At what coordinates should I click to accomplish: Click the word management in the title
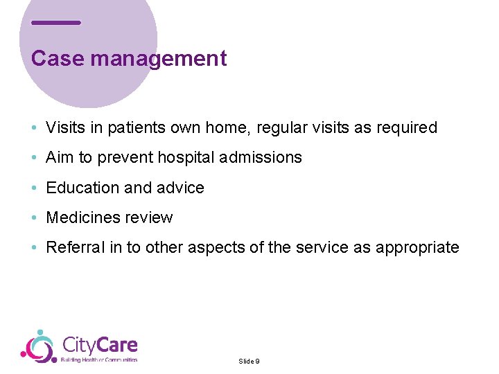(158, 59)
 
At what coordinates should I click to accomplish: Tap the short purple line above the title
(56, 23)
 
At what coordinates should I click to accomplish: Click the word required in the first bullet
(407, 128)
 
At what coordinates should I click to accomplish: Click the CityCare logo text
(100, 345)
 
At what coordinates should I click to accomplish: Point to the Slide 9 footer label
(249, 362)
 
